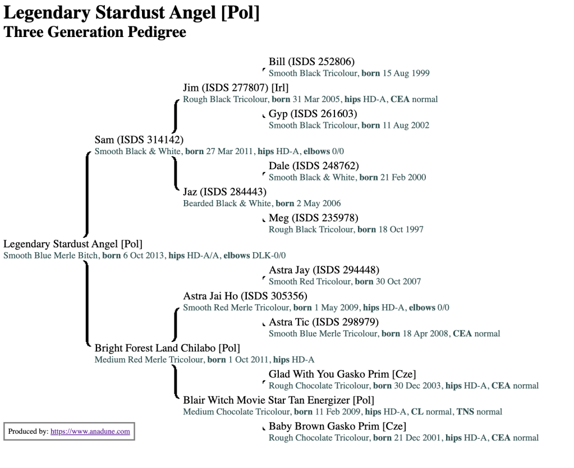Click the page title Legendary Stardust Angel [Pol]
point(131,12)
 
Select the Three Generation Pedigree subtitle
point(95,32)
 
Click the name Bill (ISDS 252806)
point(311,62)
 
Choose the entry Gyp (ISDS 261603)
point(313,114)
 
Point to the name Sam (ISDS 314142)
point(139,140)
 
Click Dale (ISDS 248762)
point(314,166)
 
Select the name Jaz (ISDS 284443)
point(224,192)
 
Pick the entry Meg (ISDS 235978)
point(313,217)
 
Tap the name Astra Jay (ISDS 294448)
point(324,270)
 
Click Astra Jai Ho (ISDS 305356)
point(245,296)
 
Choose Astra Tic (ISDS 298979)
point(324,322)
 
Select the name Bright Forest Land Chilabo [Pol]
point(167,348)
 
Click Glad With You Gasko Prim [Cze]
point(342,374)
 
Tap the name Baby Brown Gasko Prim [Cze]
point(337,426)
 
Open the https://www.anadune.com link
point(90,432)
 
